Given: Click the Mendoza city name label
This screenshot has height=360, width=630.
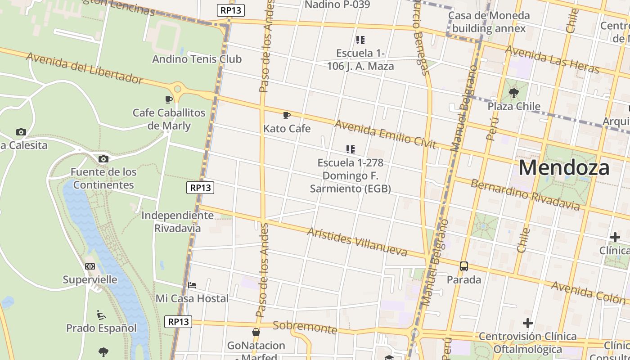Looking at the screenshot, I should (x=564, y=168).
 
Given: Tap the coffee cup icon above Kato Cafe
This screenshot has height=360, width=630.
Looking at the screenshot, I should (x=286, y=116).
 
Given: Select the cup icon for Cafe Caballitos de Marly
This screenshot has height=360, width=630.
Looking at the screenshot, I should (x=169, y=99).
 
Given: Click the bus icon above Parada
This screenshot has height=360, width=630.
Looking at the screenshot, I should (x=464, y=266).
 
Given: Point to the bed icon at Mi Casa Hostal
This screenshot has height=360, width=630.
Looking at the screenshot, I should (x=192, y=285).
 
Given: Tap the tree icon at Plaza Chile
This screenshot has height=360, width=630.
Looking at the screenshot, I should (x=513, y=93).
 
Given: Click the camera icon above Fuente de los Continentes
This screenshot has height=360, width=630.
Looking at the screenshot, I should (x=103, y=159).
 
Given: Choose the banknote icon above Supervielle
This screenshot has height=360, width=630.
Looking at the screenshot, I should (x=90, y=266).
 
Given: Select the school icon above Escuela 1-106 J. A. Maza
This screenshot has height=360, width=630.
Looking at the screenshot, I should (x=360, y=40).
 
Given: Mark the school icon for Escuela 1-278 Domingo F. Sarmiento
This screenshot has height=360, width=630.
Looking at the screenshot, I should (x=350, y=149).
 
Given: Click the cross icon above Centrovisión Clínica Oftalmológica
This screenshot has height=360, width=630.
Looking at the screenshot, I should (x=528, y=323).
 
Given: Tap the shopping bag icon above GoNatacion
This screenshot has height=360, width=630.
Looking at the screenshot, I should (x=256, y=333).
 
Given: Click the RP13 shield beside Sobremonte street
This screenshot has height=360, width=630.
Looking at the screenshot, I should (x=178, y=322).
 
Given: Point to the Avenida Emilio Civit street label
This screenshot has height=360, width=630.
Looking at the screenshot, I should (x=385, y=134).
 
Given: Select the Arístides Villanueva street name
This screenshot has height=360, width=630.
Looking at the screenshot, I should (x=357, y=242).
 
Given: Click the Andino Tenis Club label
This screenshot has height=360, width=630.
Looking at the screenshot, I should (x=197, y=59).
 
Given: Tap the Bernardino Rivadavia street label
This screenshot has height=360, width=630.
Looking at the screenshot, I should (x=525, y=195).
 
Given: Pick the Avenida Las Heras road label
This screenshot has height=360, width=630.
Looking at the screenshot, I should (x=552, y=59).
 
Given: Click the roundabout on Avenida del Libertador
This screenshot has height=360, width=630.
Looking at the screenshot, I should (x=177, y=89).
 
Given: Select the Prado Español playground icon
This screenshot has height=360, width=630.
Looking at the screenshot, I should (x=101, y=315).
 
